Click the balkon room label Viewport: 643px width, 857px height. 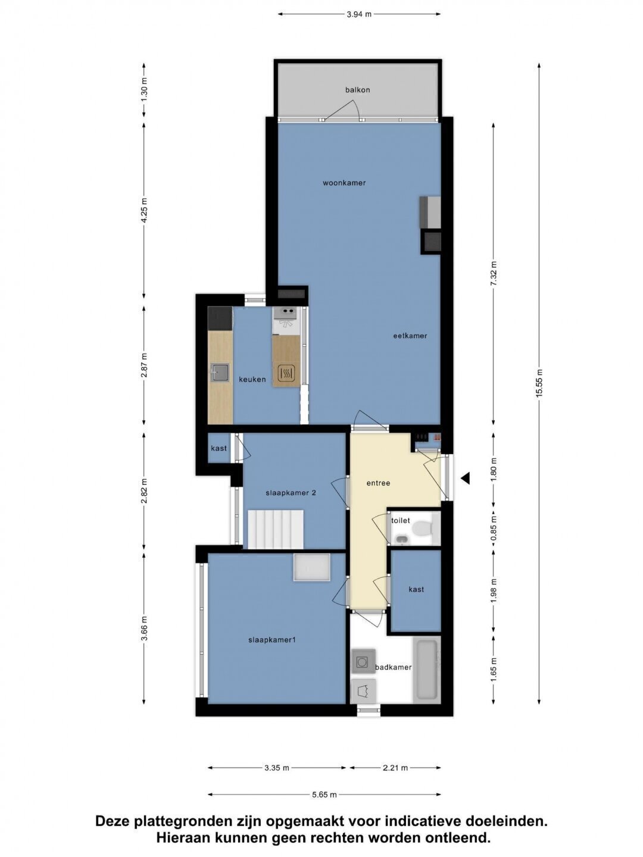click(357, 90)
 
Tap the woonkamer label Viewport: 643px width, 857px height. click(344, 183)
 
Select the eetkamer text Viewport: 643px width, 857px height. click(410, 336)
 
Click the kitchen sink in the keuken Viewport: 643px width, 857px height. click(220, 372)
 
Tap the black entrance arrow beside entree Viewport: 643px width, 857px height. click(465, 478)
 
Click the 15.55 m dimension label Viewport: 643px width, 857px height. click(539, 383)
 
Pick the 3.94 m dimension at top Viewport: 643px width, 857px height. click(359, 14)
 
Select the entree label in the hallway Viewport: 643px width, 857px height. click(378, 483)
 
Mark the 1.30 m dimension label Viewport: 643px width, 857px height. click(144, 89)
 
